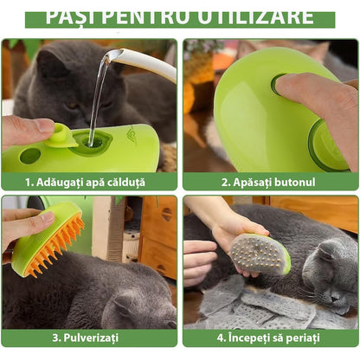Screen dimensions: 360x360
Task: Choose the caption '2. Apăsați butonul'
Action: pos(270,182)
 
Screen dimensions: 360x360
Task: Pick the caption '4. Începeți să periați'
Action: pos(270,337)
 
